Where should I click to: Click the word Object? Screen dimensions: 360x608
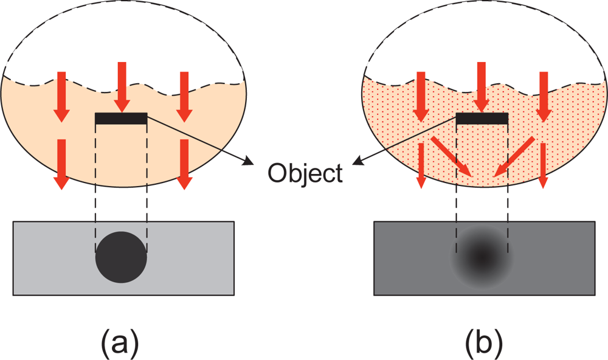click(306, 173)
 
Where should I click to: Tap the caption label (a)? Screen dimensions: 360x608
click(119, 344)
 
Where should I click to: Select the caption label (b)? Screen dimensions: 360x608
click(484, 344)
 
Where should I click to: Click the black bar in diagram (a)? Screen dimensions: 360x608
click(121, 119)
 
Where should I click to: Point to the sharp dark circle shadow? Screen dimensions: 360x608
click(121, 258)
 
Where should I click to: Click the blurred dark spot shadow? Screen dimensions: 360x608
click(482, 258)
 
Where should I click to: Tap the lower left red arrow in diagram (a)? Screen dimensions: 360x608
click(60, 163)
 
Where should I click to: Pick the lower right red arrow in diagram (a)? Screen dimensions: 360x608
click(185, 163)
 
